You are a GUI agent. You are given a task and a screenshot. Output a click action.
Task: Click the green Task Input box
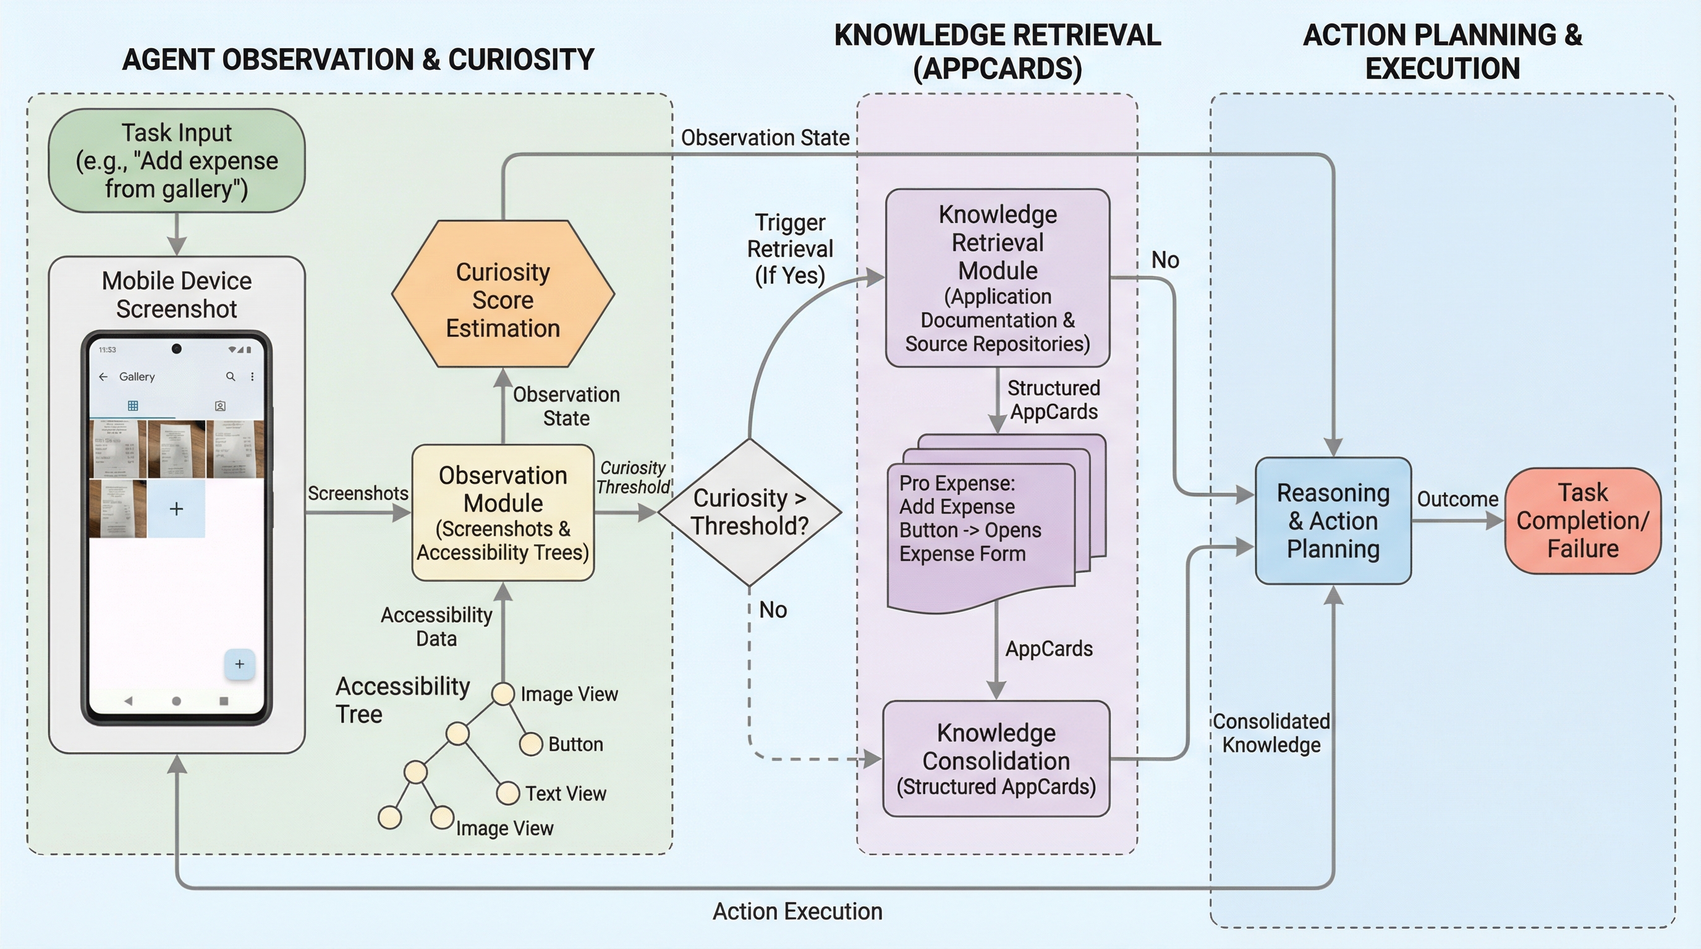coord(176,161)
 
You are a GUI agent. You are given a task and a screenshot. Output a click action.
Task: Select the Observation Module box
coord(503,513)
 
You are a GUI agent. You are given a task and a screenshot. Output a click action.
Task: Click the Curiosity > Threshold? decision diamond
coord(750,512)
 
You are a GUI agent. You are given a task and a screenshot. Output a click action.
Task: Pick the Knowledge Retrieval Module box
coord(997,278)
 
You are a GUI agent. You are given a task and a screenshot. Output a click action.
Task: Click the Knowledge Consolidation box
coord(996,759)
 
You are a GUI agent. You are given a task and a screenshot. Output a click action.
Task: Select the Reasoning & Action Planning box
coord(1333,521)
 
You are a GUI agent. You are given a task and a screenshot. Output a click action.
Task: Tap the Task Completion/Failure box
coord(1582,521)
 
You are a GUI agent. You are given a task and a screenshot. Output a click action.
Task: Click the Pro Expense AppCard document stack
coord(984,521)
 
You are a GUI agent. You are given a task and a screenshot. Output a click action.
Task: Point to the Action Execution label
coord(797,911)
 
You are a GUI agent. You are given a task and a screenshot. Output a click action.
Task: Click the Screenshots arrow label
coord(358,493)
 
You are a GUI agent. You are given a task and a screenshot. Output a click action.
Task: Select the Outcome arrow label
coord(1457,499)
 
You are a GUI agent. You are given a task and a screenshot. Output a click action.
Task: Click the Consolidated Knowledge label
coord(1271,733)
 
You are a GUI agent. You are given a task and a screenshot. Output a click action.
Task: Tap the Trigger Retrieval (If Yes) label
coord(790,249)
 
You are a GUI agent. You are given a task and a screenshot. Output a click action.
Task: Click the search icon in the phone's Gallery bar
coord(231,376)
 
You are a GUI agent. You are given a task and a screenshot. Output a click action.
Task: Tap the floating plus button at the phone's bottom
coord(240,664)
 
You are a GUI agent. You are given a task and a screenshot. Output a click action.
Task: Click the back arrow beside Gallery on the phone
coord(103,376)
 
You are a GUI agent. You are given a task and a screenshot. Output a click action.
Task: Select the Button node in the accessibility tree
coord(531,744)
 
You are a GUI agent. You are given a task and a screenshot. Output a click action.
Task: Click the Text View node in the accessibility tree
coord(508,793)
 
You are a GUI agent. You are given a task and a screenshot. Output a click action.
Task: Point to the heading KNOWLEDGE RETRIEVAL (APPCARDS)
coord(997,51)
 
